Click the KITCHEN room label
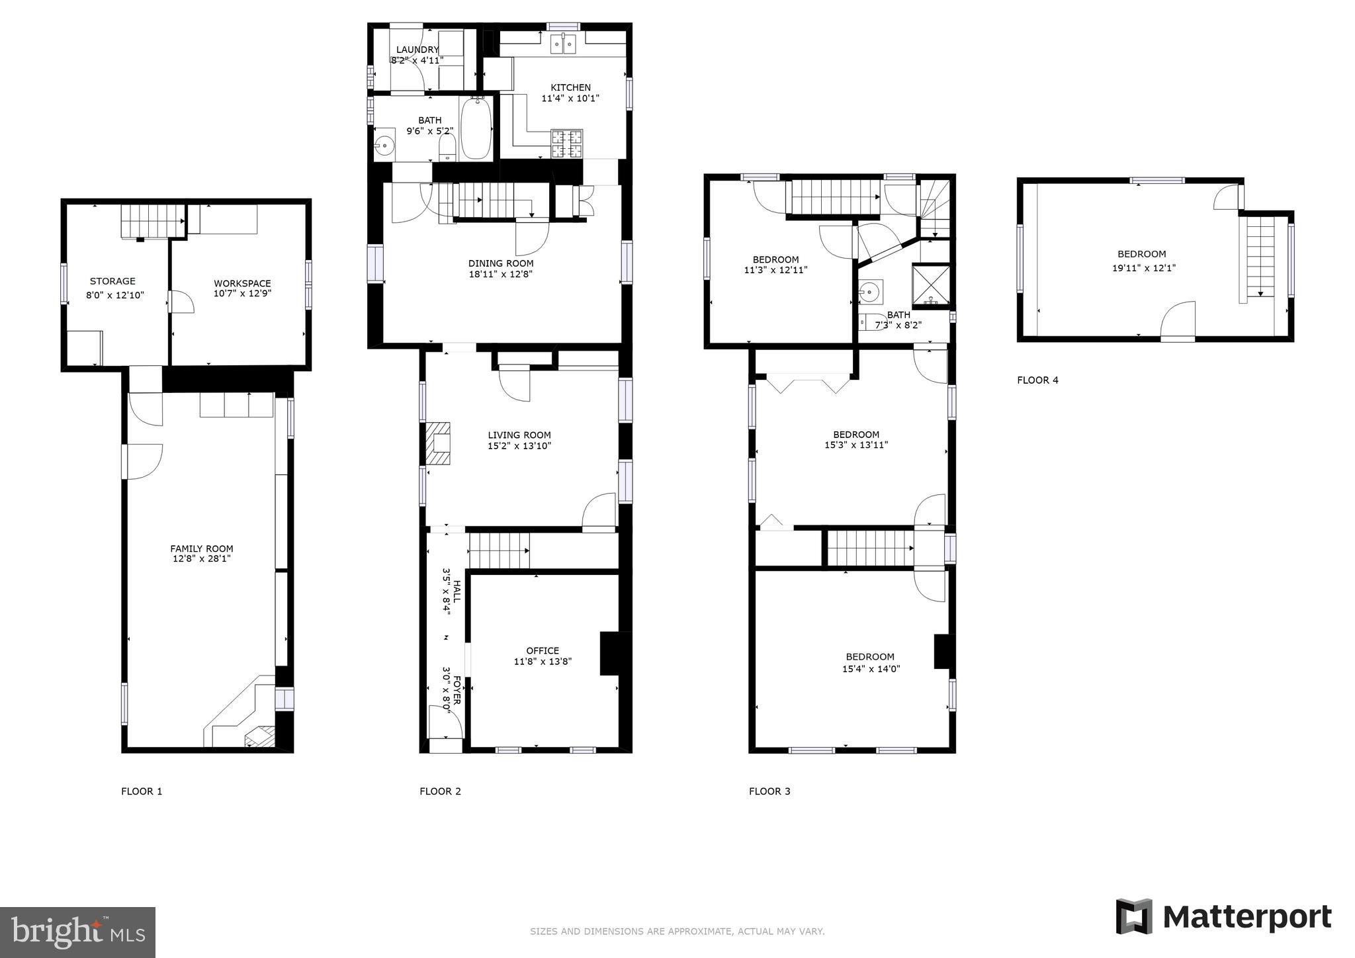571,87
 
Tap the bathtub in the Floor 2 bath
476,128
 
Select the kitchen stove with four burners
567,144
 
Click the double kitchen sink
564,44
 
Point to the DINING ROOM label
501,263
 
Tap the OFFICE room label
543,650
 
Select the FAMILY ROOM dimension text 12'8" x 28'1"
202,559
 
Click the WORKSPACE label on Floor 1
242,283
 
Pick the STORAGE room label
112,281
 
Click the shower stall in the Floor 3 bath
932,284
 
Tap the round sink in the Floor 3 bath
871,291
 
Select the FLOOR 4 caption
1037,380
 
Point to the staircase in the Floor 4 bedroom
1260,257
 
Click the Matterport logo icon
1134,916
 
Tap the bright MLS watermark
78,932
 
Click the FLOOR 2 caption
440,791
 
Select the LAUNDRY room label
417,50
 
